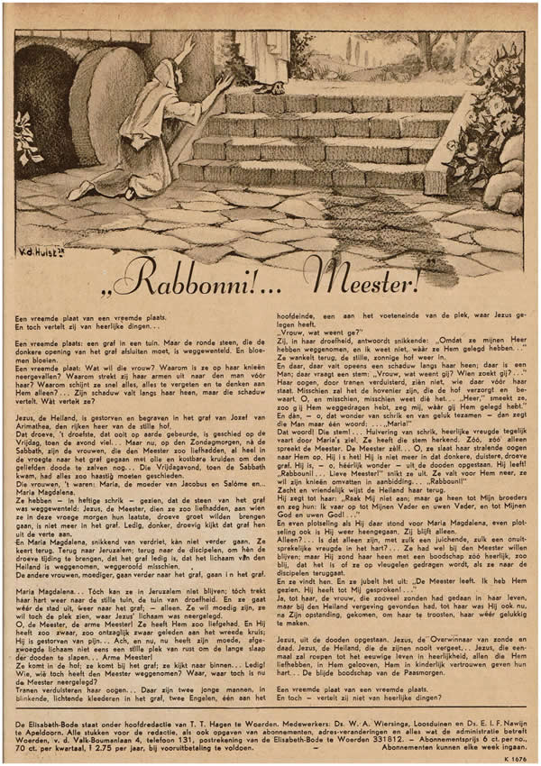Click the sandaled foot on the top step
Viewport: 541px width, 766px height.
(x=268, y=87)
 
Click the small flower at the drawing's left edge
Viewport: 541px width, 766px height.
(x=24, y=135)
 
